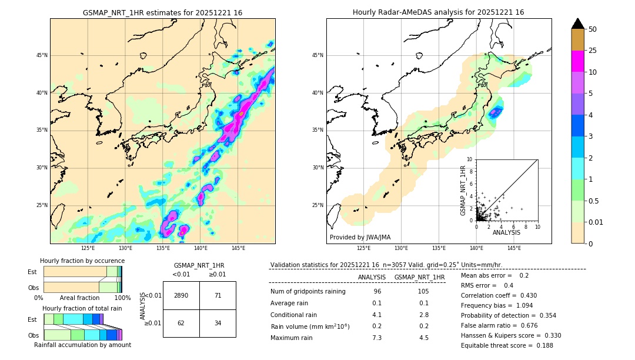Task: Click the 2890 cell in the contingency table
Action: point(181,295)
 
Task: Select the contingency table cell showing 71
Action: point(218,295)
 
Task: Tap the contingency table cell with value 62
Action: point(181,324)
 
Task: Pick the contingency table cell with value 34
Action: point(218,324)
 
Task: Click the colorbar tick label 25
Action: point(593,51)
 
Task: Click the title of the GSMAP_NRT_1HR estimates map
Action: point(162,12)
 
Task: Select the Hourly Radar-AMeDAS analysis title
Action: point(439,12)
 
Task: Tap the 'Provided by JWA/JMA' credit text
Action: point(360,237)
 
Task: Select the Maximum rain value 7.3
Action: point(377,338)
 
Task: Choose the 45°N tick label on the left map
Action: point(41,55)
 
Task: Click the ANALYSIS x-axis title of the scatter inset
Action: point(506,232)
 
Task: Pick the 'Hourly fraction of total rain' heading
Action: point(82,308)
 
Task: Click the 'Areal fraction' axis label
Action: point(79,298)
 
